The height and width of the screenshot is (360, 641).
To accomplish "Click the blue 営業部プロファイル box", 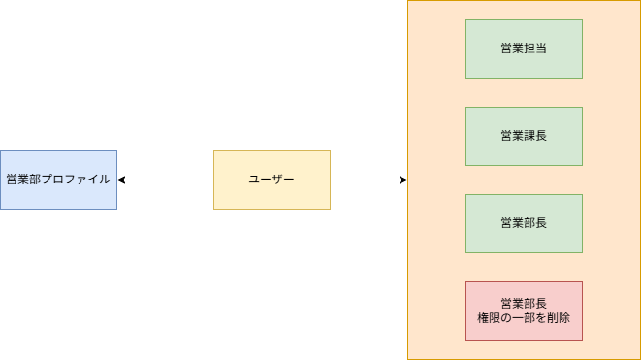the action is pos(58,180).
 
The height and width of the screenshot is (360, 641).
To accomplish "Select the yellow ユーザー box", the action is pos(272,180).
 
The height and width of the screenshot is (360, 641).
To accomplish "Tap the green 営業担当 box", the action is pos(524,49).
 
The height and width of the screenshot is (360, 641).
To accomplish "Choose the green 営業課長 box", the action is pos(524,136).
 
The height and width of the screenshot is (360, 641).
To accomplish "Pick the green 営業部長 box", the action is pos(524,223).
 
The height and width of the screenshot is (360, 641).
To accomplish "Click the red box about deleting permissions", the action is pos(524,311).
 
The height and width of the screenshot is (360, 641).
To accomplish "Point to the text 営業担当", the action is pos(524,49).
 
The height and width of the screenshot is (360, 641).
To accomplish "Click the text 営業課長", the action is pos(524,136).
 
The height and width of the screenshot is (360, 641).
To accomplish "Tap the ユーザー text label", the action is pos(272,180).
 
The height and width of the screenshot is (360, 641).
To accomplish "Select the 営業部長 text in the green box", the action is pos(524,223).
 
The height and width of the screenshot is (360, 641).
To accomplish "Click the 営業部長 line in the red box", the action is pos(524,304).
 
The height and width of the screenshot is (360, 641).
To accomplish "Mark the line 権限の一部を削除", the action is pos(524,318).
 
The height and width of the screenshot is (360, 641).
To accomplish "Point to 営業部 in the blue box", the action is pos(23,180).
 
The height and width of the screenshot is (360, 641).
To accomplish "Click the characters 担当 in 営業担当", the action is pos(535,49).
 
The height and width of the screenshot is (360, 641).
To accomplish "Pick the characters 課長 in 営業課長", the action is pos(535,136).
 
